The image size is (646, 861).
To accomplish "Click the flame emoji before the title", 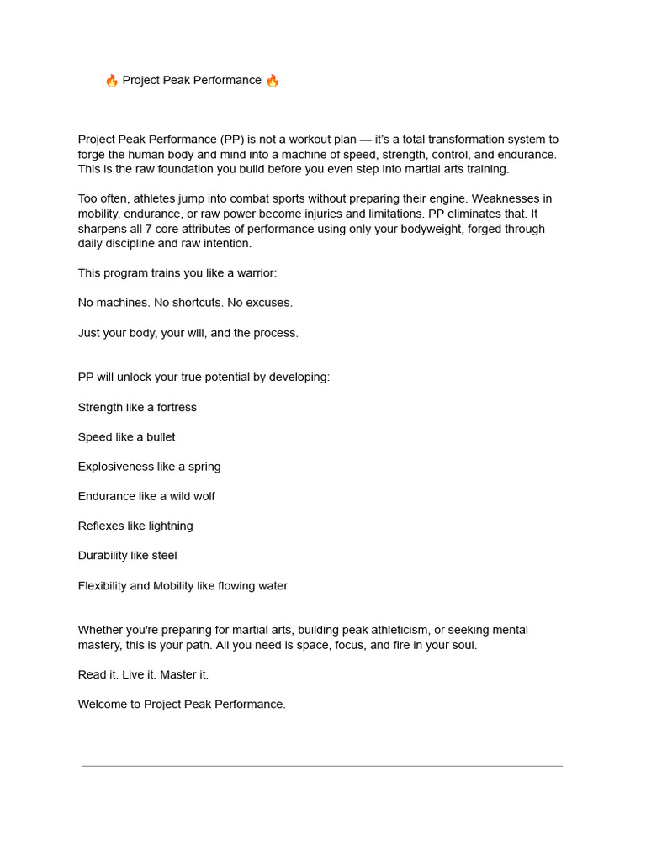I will [x=112, y=81].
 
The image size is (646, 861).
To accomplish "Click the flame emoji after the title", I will [x=272, y=81].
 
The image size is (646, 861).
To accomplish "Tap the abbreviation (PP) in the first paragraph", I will [x=232, y=140].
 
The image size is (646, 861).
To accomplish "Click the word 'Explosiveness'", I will [x=116, y=467].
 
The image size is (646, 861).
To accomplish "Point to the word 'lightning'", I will [x=171, y=526].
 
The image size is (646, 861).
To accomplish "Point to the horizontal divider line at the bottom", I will [x=322, y=766].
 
